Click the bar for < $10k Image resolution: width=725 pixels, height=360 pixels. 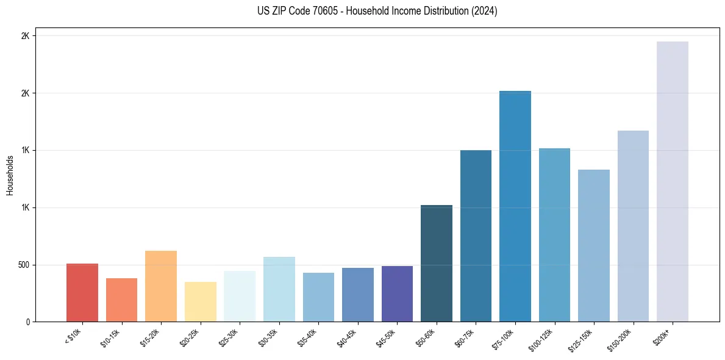pyautogui.click(x=82, y=293)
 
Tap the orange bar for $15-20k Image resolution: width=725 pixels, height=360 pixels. pyautogui.click(x=161, y=287)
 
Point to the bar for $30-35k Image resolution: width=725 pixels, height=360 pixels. pyautogui.click(x=279, y=290)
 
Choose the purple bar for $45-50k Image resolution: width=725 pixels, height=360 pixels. pyautogui.click(x=397, y=294)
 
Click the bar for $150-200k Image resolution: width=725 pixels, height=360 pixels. pyautogui.click(x=633, y=226)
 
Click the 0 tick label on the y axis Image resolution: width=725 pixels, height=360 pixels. pyautogui.click(x=27, y=322)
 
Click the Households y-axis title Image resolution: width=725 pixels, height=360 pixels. pyautogui.click(x=10, y=175)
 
